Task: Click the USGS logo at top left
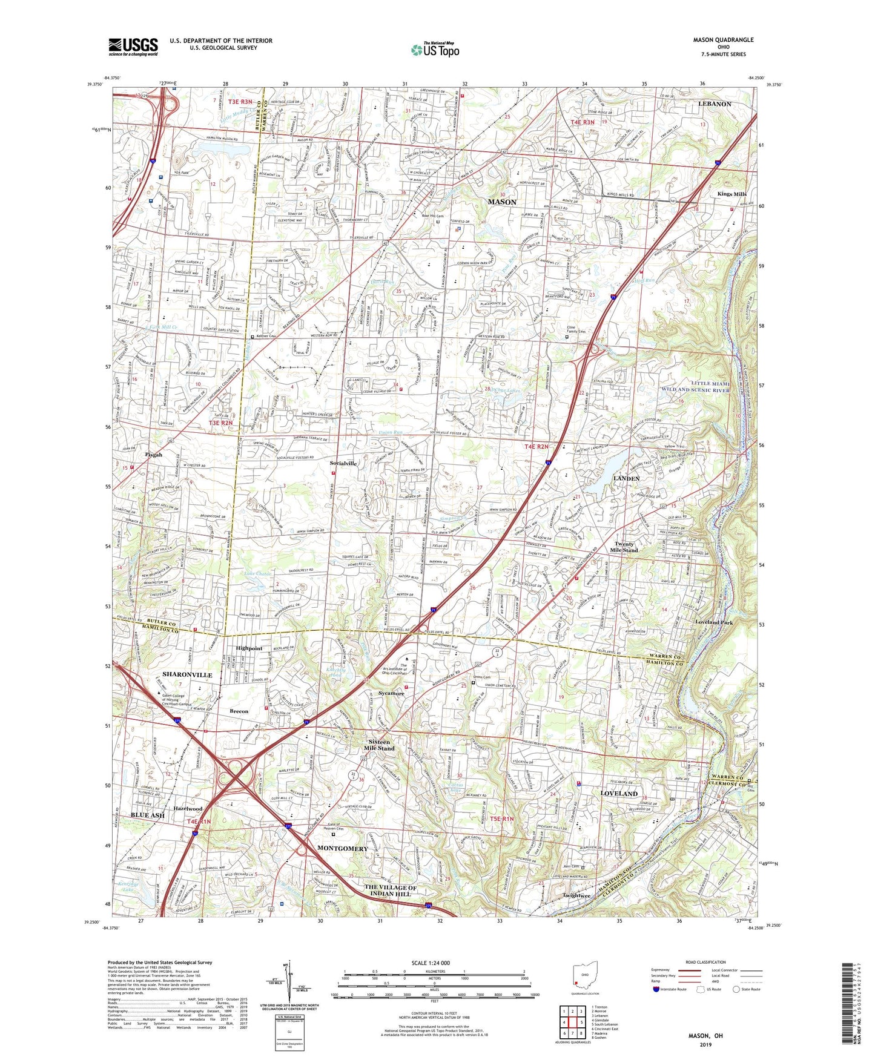[x=133, y=47]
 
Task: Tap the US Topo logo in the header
[x=434, y=50]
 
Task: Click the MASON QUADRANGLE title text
[x=723, y=40]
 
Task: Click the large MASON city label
[x=502, y=202]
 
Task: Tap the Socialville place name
[x=343, y=463]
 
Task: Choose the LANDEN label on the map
[x=626, y=478]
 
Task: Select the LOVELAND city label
[x=618, y=793]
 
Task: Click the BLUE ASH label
[x=148, y=815]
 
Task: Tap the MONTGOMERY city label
[x=342, y=848]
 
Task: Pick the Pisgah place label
[x=153, y=455]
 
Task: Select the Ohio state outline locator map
[x=585, y=976]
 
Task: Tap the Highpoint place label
[x=249, y=648]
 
